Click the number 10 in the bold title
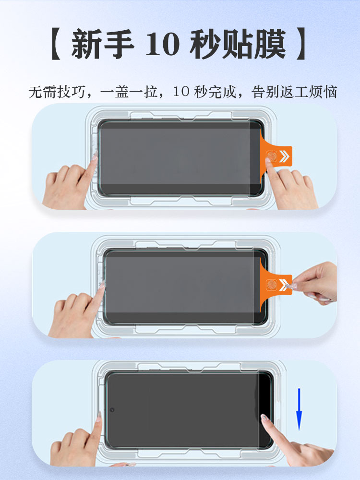coord(162,44)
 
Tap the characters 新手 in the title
coord(103,44)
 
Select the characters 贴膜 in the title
coord(254,44)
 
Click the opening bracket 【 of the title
coord(55,44)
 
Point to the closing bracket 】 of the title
coord(301,44)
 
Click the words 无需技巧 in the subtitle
coord(57,92)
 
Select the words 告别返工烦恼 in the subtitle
coord(294,92)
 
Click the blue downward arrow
coord(299,409)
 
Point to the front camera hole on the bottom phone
coord(112,409)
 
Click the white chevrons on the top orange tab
coord(284,156)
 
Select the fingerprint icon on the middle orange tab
coord(271,285)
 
